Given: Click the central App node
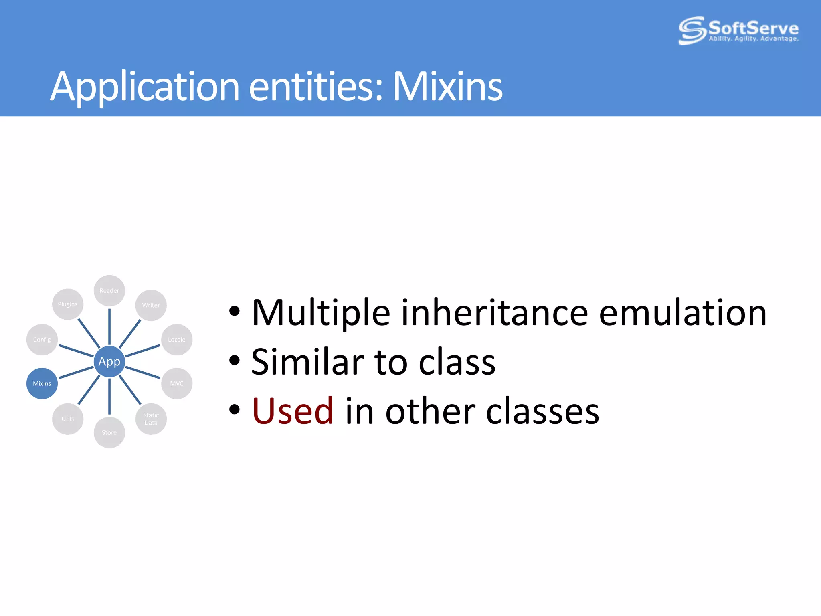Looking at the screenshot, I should click(x=109, y=361).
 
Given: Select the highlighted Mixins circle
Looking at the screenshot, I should click(x=42, y=383).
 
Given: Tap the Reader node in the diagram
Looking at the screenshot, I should click(x=109, y=290).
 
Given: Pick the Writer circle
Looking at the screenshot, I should click(x=151, y=305).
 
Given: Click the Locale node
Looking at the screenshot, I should click(x=176, y=340).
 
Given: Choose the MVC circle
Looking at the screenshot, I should click(x=176, y=383).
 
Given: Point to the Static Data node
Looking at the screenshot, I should click(x=151, y=419).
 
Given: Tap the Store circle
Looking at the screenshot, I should click(x=109, y=432).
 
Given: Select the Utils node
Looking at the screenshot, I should click(x=68, y=419).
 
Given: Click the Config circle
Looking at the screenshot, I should click(x=42, y=340).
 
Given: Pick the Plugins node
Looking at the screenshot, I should click(x=68, y=304).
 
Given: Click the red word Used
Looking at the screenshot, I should click(x=293, y=411).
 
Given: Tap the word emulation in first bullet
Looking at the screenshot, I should click(x=682, y=313).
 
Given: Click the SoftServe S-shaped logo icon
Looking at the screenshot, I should click(x=692, y=30).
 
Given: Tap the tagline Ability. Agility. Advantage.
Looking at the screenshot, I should click(x=754, y=39).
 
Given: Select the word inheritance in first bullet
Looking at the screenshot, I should click(x=494, y=313).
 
